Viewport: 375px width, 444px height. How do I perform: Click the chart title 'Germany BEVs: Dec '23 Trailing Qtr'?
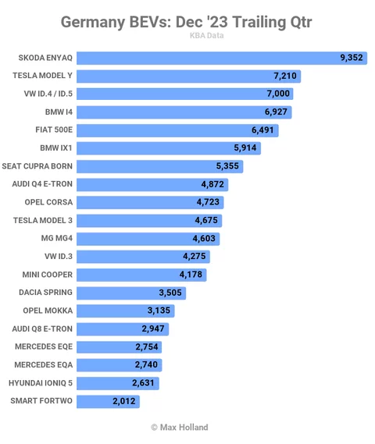pos(186,22)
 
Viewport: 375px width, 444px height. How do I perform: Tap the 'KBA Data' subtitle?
pos(206,36)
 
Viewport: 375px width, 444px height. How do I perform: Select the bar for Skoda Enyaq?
pos(222,58)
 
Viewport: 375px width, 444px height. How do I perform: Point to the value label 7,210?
pos(285,76)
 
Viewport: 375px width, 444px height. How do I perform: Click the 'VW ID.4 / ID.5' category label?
pos(48,94)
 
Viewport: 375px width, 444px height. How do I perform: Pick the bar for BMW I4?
pos(184,112)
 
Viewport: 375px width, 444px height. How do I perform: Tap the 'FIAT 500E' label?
pos(54,130)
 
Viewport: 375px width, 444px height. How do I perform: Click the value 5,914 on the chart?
pos(245,147)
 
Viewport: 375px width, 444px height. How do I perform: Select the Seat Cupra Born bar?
pos(159,166)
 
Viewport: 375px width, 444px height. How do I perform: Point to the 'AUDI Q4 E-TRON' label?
pos(42,184)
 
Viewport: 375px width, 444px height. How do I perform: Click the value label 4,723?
pos(208,202)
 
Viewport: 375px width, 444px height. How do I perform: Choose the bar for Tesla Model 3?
pos(149,221)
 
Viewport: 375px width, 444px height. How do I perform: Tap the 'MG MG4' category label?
pos(57,238)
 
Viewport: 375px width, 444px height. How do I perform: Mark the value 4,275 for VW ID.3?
pos(195,256)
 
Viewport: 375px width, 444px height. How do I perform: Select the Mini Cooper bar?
pos(141,275)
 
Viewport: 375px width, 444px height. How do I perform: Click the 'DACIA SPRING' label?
pos(45,292)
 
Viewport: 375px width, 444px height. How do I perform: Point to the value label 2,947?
pos(153,329)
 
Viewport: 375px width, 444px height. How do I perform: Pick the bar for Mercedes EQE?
pos(119,347)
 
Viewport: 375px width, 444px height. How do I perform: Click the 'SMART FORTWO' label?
pos(41,401)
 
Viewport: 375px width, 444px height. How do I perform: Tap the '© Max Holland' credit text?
pos(180,428)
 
